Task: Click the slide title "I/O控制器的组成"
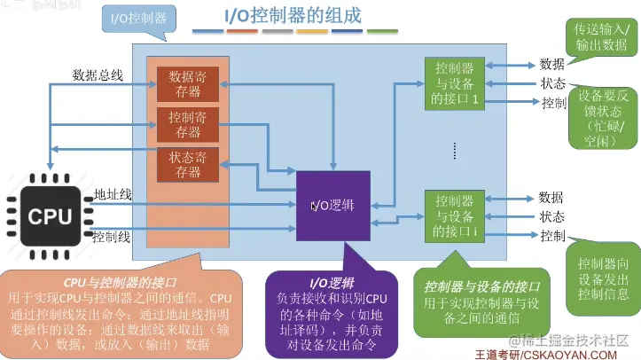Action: tap(293, 16)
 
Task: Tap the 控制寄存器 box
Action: tap(187, 125)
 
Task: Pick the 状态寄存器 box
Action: tap(187, 166)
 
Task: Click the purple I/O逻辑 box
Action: tap(332, 205)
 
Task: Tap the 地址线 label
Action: tap(113, 194)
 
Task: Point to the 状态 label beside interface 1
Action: tap(552, 83)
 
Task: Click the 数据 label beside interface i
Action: tap(551, 197)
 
